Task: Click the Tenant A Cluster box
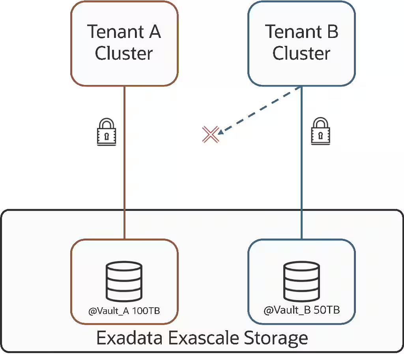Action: coord(124,43)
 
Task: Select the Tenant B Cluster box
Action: coord(301,43)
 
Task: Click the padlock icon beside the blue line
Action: coord(320,132)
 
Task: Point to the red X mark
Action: coord(210,134)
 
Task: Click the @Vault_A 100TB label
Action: coord(124,311)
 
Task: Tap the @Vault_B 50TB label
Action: coord(301,310)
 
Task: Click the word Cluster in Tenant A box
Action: coord(124,54)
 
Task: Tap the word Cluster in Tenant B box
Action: coord(301,54)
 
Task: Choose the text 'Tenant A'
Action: coord(124,32)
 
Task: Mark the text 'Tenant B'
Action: coord(301,32)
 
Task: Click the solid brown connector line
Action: coord(125,178)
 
